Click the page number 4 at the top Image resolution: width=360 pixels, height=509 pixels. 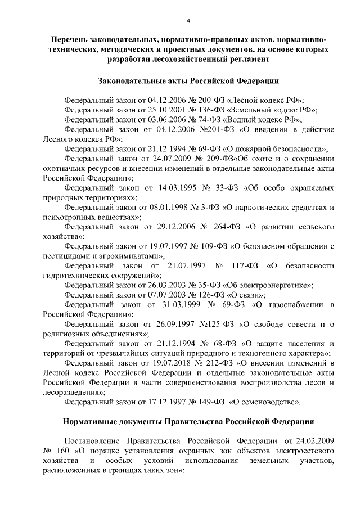[x=189, y=21]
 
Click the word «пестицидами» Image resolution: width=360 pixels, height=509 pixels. [x=66, y=258]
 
